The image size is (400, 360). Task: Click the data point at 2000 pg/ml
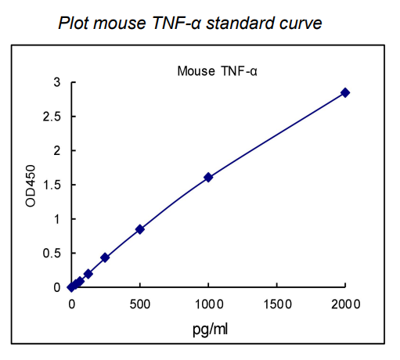click(344, 92)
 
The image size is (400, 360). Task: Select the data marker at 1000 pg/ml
click(208, 177)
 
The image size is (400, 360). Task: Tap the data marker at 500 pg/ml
click(140, 229)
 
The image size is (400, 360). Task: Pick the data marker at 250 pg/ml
click(105, 257)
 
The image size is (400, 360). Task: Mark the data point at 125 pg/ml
click(88, 274)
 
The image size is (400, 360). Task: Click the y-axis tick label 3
click(56, 82)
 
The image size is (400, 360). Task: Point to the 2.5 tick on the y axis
click(52, 117)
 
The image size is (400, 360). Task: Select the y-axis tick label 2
click(56, 151)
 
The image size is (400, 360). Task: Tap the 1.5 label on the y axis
click(52, 185)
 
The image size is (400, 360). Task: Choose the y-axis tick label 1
click(56, 219)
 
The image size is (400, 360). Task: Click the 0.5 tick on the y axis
click(52, 254)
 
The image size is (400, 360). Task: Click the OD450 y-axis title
click(31, 185)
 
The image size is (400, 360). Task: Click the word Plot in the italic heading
click(74, 23)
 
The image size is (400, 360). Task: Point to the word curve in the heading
click(302, 23)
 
